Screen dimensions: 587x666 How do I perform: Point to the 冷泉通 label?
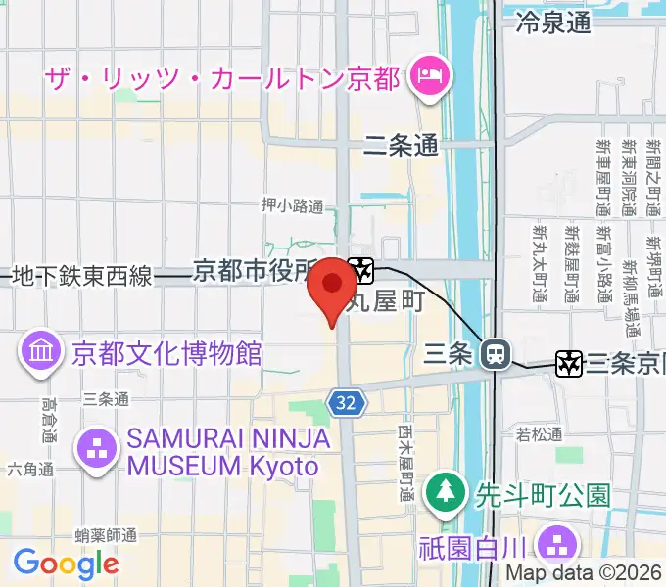point(553,22)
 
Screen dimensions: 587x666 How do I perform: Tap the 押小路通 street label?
point(292,205)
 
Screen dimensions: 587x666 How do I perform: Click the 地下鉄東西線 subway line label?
point(82,277)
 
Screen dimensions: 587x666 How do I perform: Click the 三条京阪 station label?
point(625,364)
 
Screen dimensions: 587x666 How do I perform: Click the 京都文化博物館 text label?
point(166,352)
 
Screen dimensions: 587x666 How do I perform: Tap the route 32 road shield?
point(349,402)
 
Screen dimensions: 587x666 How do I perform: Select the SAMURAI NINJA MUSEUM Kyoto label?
point(223,453)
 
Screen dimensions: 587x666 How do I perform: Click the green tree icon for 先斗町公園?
point(446,488)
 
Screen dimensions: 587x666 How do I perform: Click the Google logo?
point(66,564)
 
